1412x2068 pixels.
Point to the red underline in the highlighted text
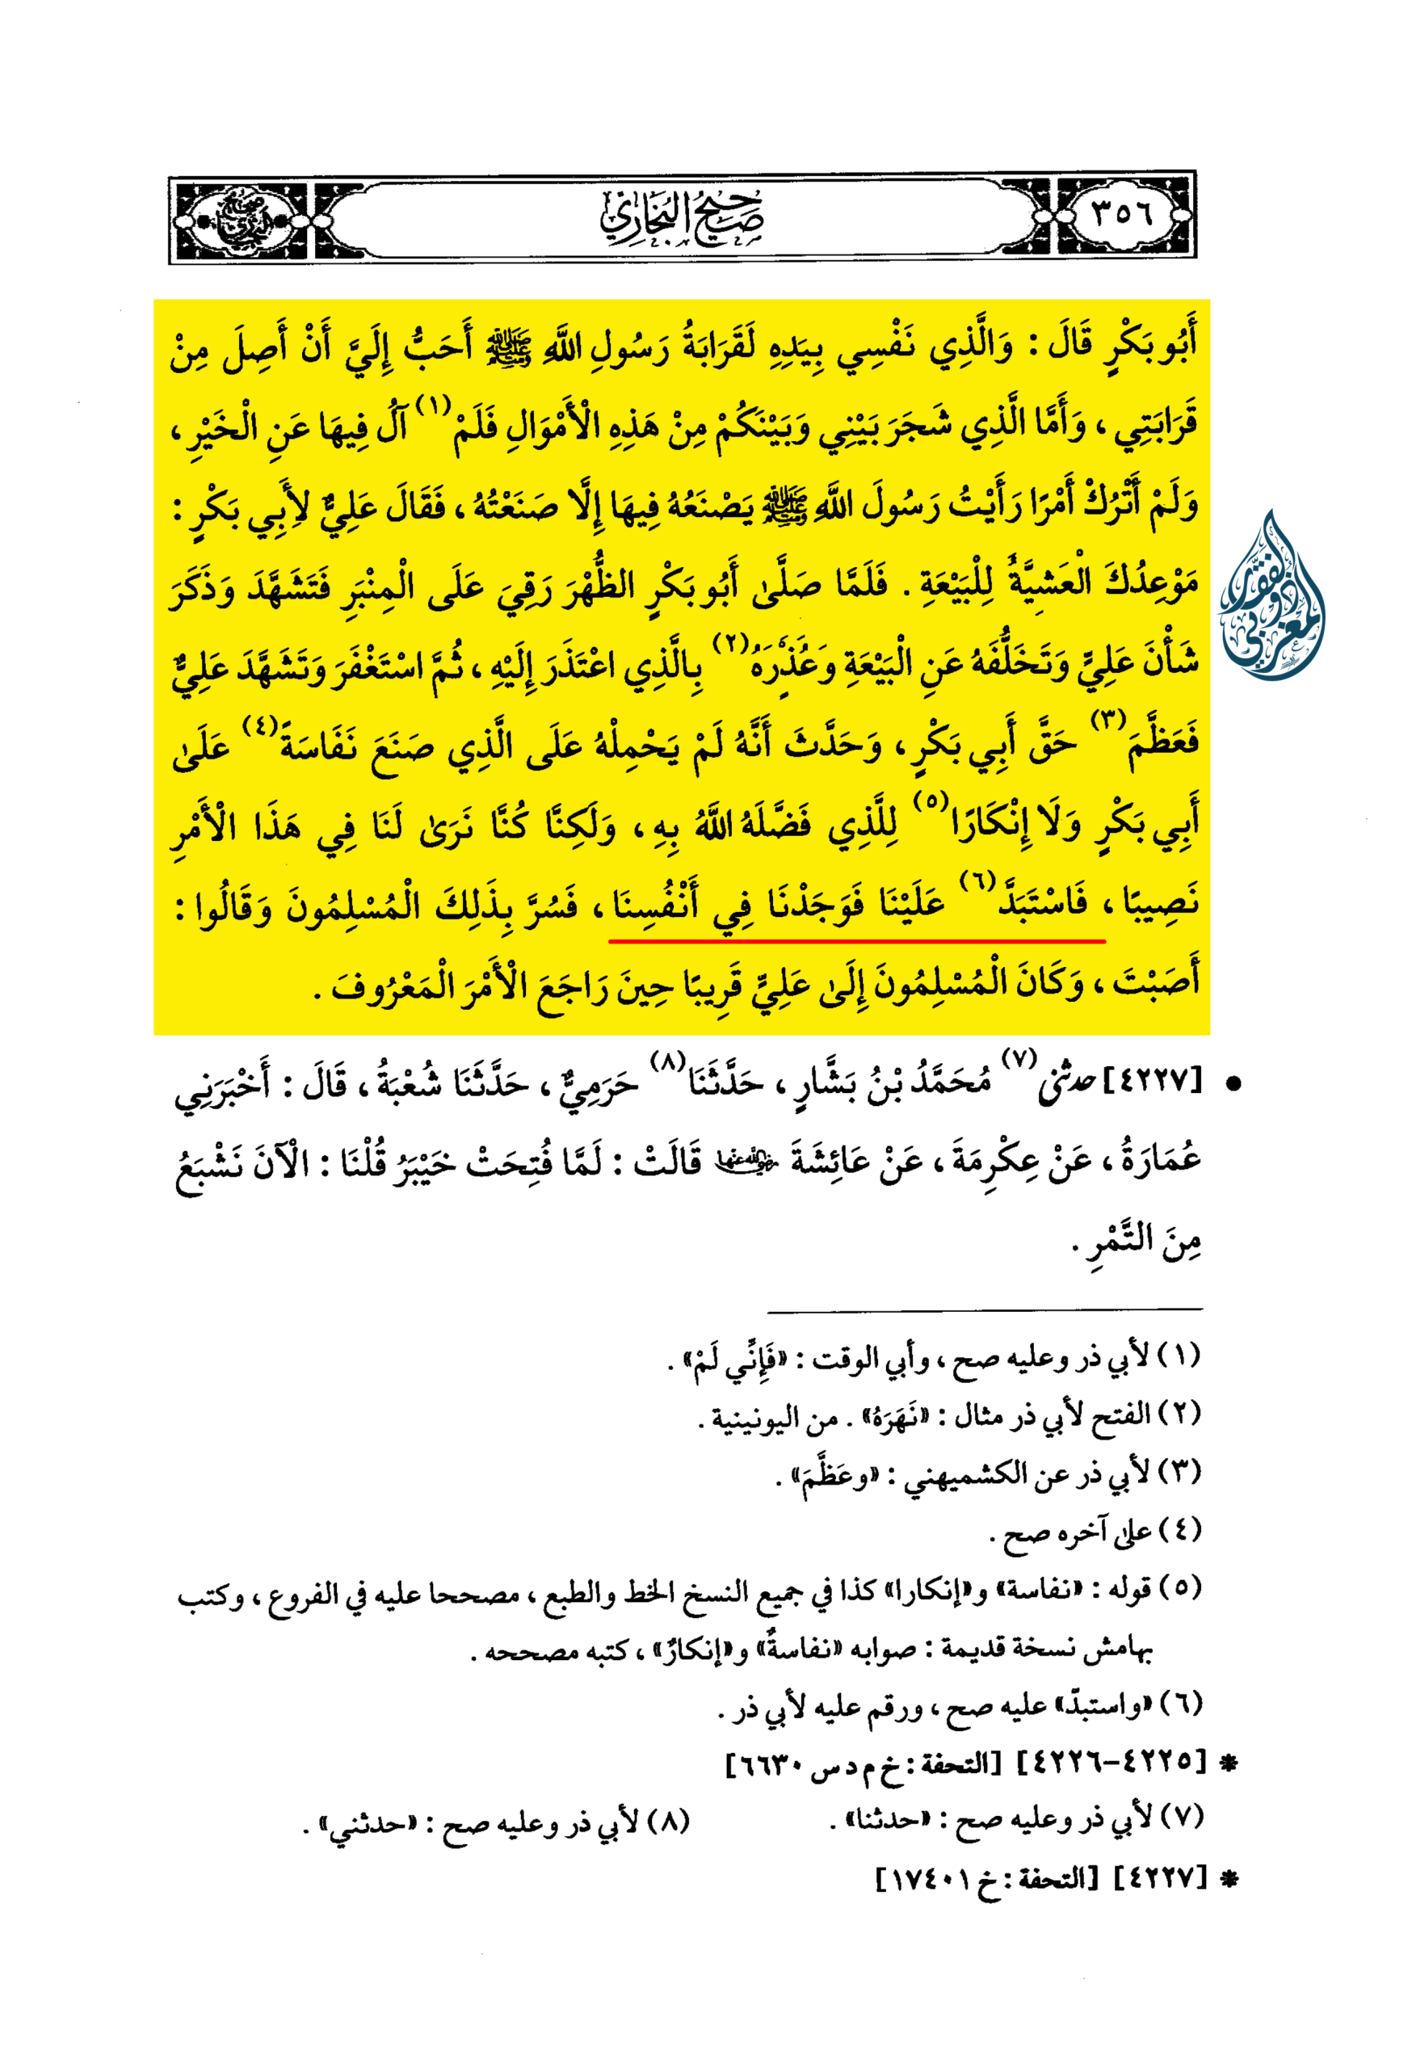(x=856, y=939)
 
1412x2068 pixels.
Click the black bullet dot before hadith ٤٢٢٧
(x=1233, y=1085)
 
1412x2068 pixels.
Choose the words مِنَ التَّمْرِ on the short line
(x=1139, y=1239)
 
